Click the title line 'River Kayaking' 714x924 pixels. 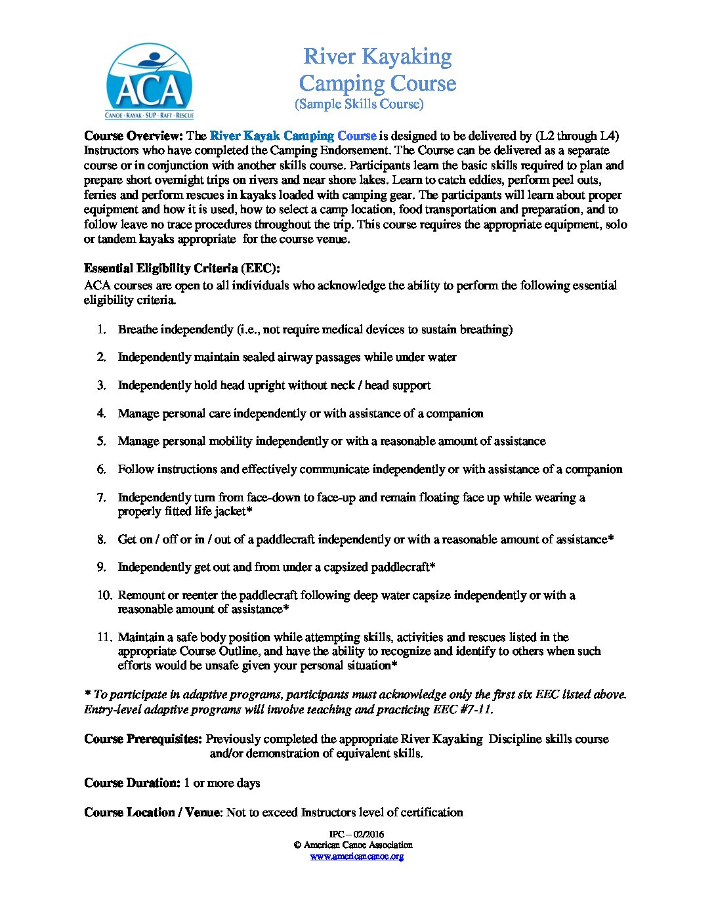click(377, 57)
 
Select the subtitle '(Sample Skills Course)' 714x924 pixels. click(359, 104)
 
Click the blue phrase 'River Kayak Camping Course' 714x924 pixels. click(293, 136)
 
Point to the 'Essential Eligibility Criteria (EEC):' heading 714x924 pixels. click(182, 268)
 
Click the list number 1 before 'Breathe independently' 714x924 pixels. click(102, 329)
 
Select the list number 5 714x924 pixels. click(102, 441)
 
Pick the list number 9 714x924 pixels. click(102, 567)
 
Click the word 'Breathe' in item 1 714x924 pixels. click(138, 329)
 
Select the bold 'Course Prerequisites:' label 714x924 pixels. click(143, 739)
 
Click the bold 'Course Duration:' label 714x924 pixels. click(132, 783)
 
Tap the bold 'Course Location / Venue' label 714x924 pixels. click(152, 812)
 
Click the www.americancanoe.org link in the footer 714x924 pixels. click(357, 856)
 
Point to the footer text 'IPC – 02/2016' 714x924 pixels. click(357, 835)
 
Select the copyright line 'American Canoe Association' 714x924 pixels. click(358, 845)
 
